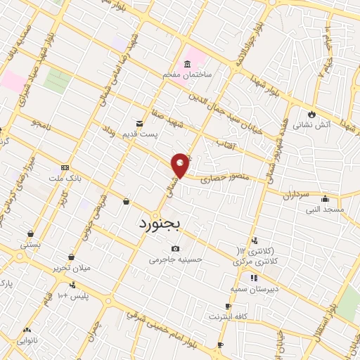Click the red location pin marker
181,165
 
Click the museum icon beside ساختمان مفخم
187,64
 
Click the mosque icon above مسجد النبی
326,198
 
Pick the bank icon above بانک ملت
65,167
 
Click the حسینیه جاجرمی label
175,259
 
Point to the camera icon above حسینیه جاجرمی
175,249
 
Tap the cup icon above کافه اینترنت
227,307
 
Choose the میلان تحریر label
70,268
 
